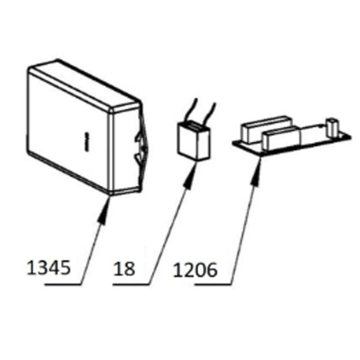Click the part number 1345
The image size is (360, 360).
coord(49,268)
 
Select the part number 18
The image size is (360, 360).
coord(124,268)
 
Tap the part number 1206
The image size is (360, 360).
coord(195,270)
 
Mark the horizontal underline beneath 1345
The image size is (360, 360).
coord(63,285)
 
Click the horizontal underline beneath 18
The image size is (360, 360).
coord(131,285)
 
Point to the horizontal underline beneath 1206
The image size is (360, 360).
coord(213,285)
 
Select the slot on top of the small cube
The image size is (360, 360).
coord(194,126)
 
